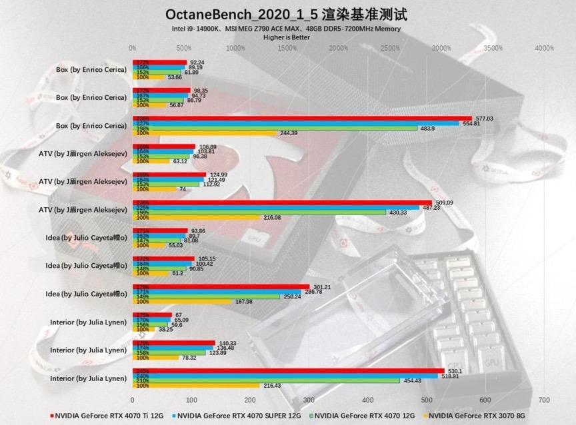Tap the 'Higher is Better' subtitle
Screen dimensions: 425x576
point(287,37)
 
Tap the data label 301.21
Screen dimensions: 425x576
point(323,287)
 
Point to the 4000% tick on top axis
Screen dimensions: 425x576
point(544,48)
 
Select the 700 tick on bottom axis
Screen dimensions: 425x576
point(544,400)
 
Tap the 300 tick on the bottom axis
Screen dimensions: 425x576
point(309,400)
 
